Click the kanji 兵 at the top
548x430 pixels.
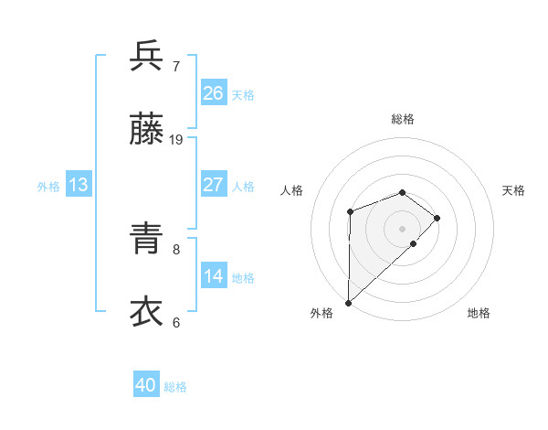[146, 57]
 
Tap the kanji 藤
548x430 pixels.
[146, 131]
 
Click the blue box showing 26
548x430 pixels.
[214, 92]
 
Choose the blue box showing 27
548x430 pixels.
[214, 185]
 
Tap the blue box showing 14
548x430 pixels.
[214, 276]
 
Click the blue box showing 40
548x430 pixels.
[146, 385]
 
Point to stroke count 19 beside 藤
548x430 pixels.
[176, 140]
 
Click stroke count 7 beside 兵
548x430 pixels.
[176, 66]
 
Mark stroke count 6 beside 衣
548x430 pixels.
[176, 322]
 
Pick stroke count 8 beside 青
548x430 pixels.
[176, 248]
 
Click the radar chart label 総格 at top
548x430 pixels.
[402, 119]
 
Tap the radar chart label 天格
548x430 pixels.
[513, 190]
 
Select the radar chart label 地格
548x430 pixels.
[479, 313]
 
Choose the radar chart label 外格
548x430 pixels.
[321, 313]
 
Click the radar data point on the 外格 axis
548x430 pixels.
[348, 302]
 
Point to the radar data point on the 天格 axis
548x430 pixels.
[437, 218]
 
